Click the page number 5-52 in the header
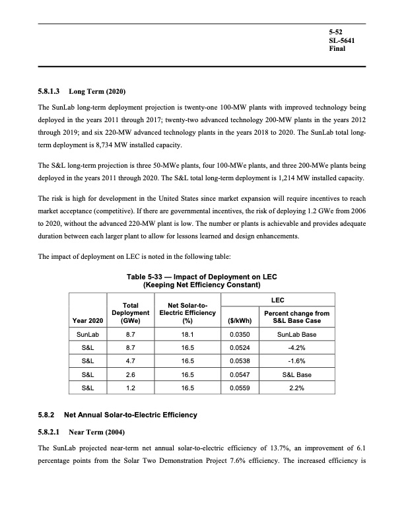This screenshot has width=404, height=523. point(335,32)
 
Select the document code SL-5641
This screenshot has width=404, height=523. point(341,41)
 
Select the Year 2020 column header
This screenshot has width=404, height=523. point(88,322)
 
